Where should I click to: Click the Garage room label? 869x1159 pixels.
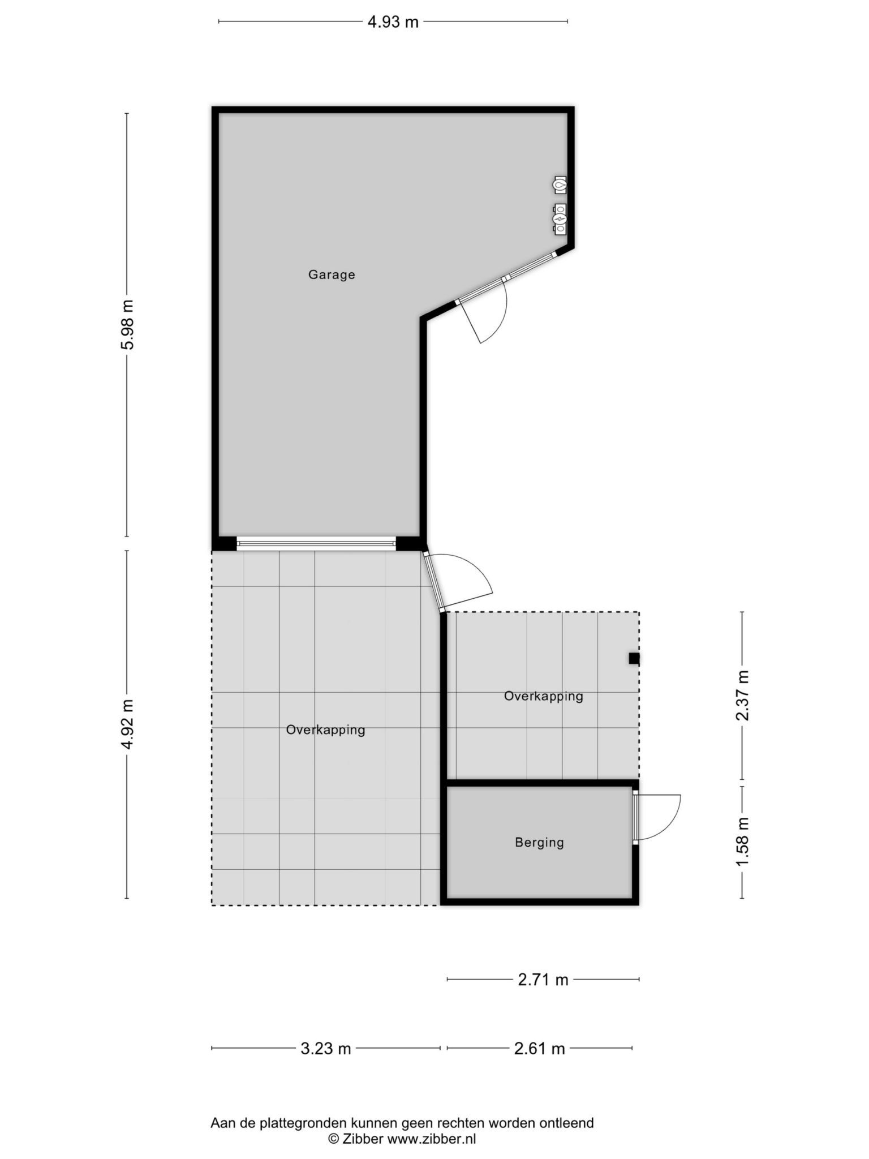tap(332, 275)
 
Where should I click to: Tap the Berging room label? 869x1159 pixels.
tap(539, 843)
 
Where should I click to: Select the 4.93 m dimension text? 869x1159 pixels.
tap(393, 22)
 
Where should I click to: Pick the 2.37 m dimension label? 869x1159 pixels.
tap(742, 696)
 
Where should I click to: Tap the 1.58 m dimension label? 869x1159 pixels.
tap(742, 842)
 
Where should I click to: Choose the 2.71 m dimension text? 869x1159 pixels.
tap(543, 980)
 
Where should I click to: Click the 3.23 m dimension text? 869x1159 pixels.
tap(326, 1049)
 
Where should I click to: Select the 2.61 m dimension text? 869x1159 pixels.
tap(540, 1049)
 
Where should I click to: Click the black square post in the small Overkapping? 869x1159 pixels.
tap(634, 658)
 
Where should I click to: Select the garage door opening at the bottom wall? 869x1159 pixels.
tap(316, 544)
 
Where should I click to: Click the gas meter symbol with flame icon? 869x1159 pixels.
tap(560, 184)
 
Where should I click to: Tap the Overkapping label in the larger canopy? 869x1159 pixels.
tap(325, 730)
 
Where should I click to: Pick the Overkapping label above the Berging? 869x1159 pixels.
tap(543, 696)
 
